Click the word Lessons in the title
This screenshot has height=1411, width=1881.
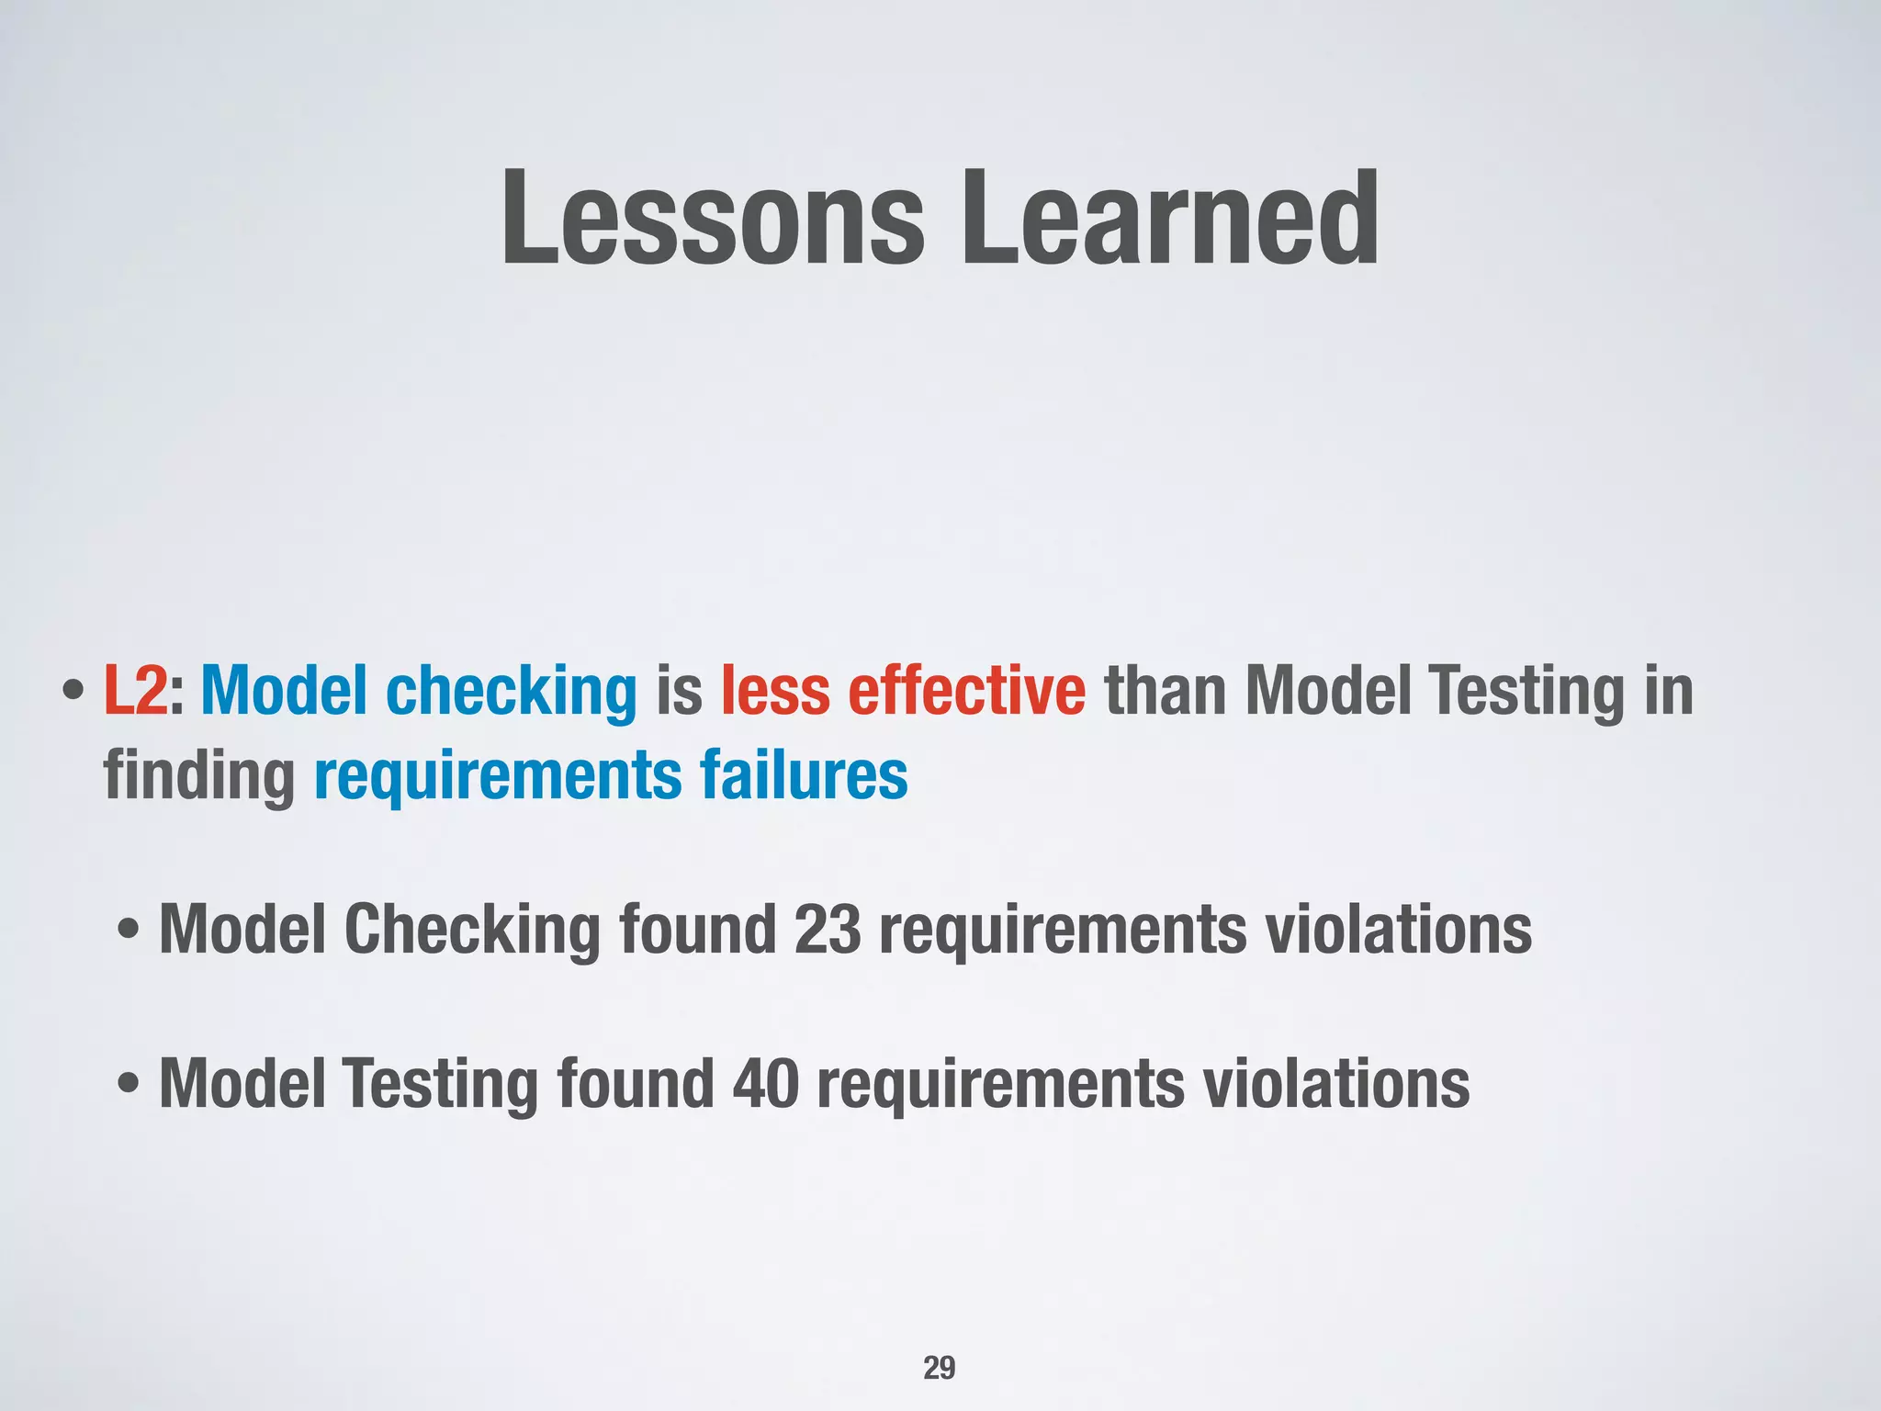pos(713,219)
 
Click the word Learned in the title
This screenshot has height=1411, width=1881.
pos(1168,219)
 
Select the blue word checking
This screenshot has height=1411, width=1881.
pos(511,692)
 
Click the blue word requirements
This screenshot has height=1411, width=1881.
pos(498,776)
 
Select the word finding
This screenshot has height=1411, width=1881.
pos(198,776)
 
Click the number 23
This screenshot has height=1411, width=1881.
pos(828,930)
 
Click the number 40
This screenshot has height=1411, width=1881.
pos(766,1084)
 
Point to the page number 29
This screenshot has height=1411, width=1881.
pos(939,1368)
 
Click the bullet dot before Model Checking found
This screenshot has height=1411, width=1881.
pos(130,931)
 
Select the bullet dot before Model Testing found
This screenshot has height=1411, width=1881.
pos(130,1085)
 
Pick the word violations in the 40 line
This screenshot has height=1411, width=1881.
pos(1335,1084)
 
